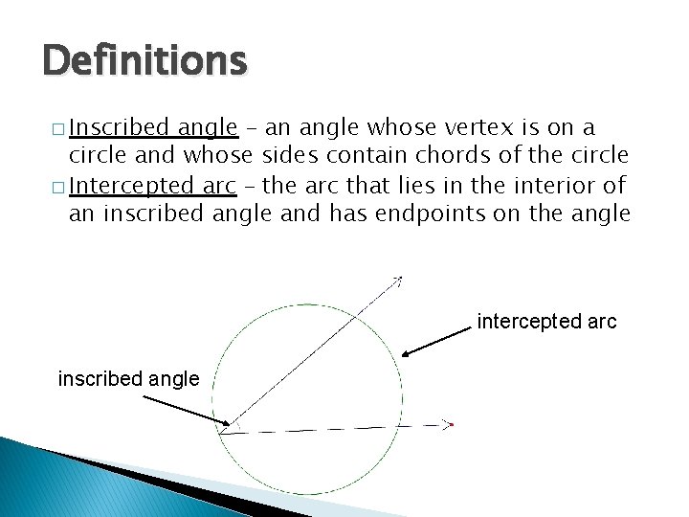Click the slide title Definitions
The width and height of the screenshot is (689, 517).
coord(144,61)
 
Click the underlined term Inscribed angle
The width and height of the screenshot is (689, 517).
coord(153,127)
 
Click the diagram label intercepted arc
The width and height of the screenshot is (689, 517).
coord(546,322)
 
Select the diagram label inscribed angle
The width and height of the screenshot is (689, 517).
coord(128,379)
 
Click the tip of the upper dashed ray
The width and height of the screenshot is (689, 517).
coord(399,278)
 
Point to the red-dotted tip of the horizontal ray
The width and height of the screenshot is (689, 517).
coord(450,423)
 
